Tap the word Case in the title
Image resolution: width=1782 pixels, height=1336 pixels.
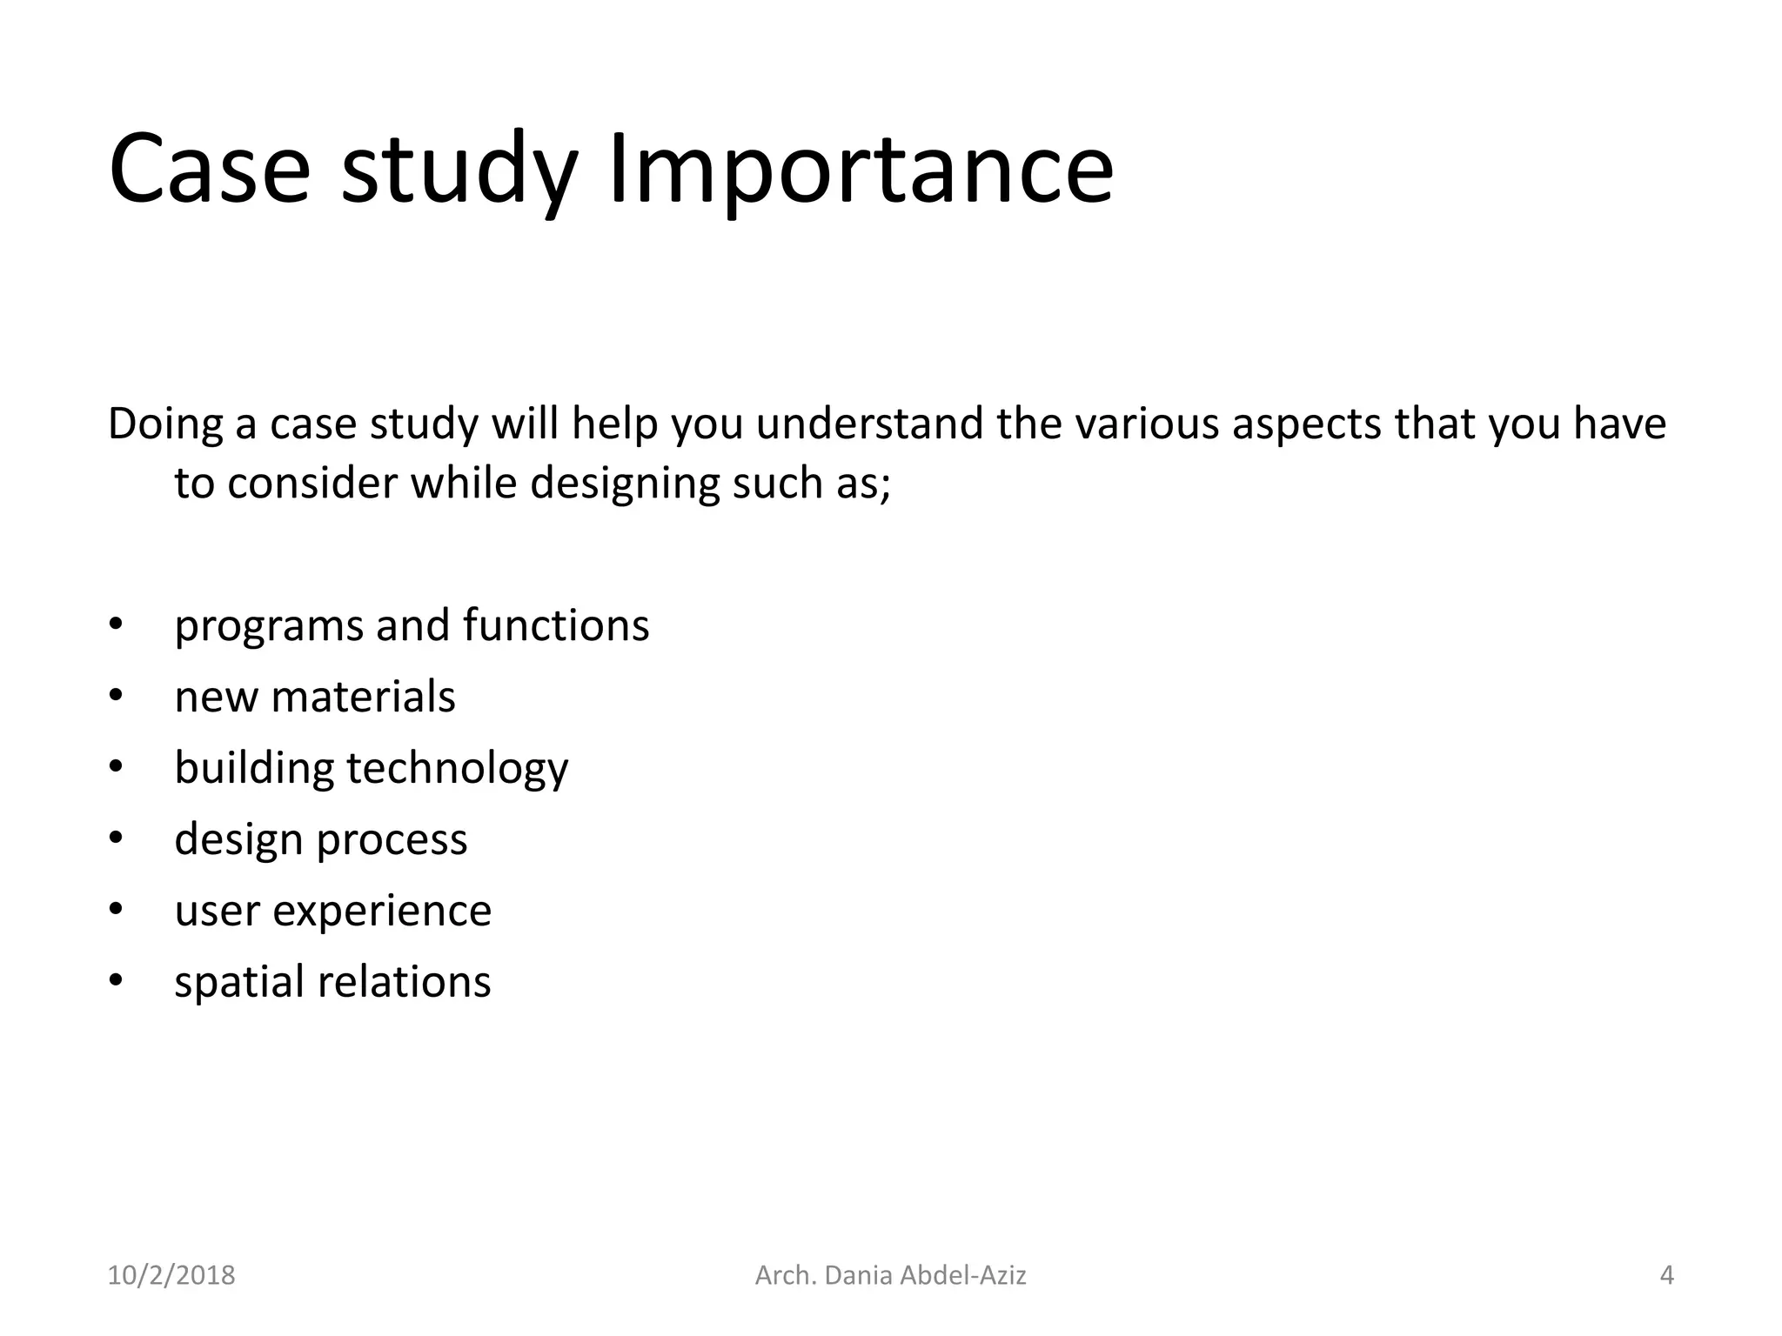point(209,170)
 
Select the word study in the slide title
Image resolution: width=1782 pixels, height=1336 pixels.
point(459,170)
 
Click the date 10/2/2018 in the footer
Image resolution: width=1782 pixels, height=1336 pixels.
point(171,1275)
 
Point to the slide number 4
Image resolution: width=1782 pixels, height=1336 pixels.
point(1666,1275)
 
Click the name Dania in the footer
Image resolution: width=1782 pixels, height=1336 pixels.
point(858,1275)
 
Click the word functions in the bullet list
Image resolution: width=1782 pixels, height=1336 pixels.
point(556,625)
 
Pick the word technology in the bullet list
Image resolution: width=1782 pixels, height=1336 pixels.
point(457,769)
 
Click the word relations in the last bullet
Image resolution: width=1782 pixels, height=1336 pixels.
point(405,982)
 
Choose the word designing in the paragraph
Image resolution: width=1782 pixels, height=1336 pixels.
point(625,484)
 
